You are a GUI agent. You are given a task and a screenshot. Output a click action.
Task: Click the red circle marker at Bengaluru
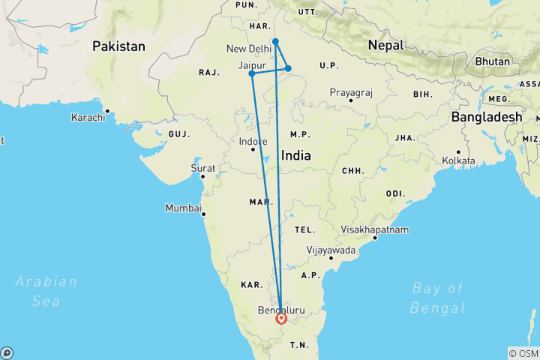[x=281, y=318]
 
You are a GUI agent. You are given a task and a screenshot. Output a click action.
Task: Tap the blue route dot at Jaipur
[x=252, y=73]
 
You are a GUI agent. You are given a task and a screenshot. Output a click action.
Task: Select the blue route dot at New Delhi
[x=276, y=41]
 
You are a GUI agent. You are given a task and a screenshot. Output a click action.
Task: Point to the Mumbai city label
[x=183, y=208]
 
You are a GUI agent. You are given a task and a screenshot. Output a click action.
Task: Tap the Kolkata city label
[x=458, y=160]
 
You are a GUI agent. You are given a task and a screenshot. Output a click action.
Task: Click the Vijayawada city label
[x=331, y=250]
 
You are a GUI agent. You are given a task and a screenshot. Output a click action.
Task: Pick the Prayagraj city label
[x=351, y=93]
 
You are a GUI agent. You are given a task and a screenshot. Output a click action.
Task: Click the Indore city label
[x=253, y=142]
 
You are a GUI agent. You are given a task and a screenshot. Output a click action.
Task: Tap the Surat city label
[x=203, y=168]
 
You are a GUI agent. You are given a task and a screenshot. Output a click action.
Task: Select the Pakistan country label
[x=118, y=46]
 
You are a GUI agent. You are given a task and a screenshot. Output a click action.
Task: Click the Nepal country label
[x=385, y=46]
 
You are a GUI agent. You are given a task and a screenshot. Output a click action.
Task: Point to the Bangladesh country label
[x=486, y=117]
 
